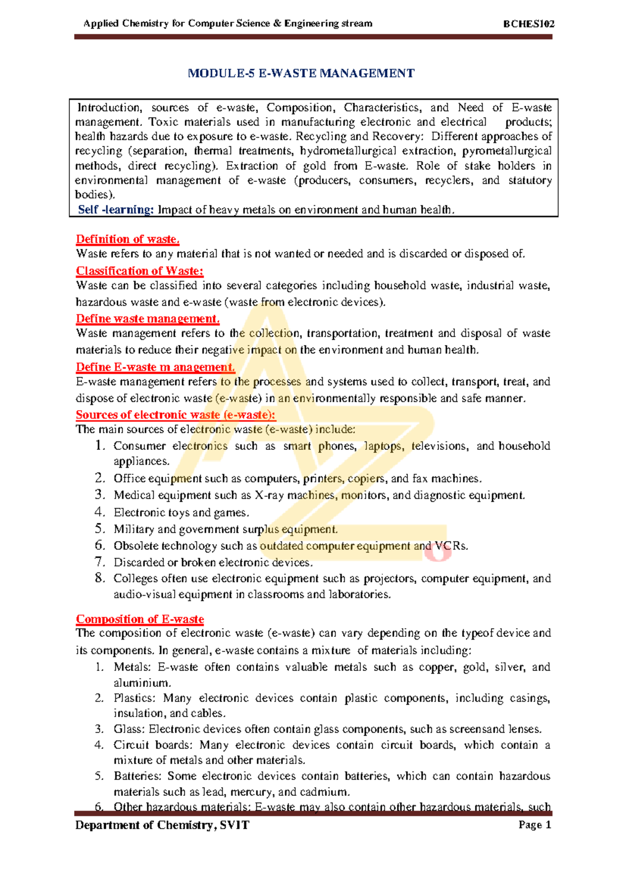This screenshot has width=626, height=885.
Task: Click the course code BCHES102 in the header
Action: coord(528,23)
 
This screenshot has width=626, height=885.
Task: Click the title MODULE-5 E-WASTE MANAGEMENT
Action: coord(301,73)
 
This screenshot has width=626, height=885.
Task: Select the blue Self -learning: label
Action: coord(116,210)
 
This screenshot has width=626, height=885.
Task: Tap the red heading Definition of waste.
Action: coord(128,239)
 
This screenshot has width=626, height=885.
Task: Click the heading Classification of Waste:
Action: coord(139,271)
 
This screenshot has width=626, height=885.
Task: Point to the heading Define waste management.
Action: coord(148,318)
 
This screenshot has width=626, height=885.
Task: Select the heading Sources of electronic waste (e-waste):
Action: coord(175,415)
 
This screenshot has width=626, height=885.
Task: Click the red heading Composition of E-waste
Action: coord(140,619)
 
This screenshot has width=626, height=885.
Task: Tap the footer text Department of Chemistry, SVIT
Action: coord(162,825)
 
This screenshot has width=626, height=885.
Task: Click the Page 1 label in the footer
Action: coord(535,825)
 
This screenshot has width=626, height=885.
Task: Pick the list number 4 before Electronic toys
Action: coord(100,512)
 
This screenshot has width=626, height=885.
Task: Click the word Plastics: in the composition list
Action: coord(135,698)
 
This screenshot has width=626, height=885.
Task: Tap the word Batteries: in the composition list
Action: coord(138,776)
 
